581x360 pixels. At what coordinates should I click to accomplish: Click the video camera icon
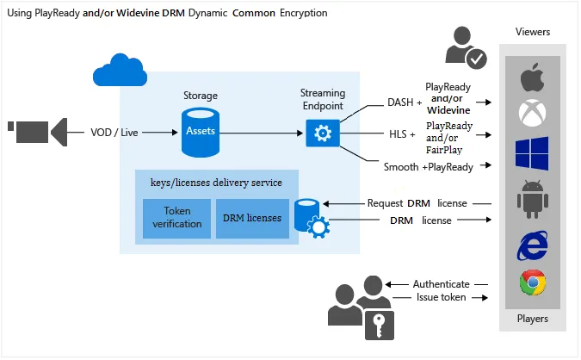tap(38, 132)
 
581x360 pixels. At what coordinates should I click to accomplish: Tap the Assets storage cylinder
tap(199, 132)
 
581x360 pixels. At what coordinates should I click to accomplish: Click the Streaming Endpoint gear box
tap(323, 133)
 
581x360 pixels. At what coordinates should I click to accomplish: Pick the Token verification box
tap(176, 218)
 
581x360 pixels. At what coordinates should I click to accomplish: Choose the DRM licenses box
tap(251, 218)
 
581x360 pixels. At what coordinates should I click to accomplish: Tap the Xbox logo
tap(532, 113)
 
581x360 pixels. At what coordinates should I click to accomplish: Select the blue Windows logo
tap(532, 153)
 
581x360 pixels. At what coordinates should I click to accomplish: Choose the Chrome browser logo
tap(532, 283)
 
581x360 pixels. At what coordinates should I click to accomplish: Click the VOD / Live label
tap(115, 133)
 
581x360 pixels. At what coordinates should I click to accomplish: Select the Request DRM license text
tap(417, 203)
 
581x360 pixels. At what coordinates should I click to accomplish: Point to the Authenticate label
tap(441, 283)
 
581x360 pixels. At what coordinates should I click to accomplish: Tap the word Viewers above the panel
tap(532, 32)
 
